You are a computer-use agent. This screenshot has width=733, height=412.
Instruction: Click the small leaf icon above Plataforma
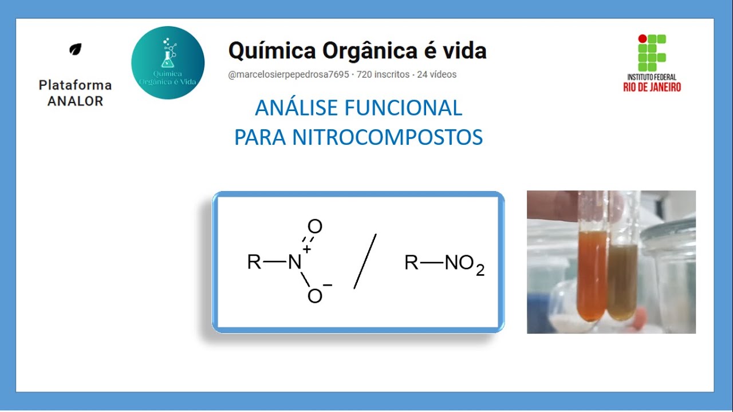tap(75, 49)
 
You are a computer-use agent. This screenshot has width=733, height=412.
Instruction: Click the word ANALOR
tap(75, 101)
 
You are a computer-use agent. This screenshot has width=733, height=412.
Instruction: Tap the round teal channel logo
tap(168, 63)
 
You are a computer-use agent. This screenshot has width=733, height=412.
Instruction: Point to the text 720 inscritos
tap(383, 74)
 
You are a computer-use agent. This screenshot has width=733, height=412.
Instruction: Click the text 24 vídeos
tap(436, 74)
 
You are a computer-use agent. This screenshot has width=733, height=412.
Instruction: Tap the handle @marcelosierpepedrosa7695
tap(289, 74)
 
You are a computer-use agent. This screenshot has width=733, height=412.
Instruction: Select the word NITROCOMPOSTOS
tap(387, 137)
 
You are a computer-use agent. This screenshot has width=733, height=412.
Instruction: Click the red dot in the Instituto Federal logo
tap(643, 39)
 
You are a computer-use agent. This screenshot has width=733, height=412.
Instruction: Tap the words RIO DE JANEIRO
tap(652, 87)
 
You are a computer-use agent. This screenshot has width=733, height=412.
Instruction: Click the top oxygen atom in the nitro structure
tap(315, 227)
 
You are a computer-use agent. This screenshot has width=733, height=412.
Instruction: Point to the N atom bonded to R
tap(294, 262)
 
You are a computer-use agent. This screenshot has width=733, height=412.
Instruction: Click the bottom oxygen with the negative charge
tap(315, 296)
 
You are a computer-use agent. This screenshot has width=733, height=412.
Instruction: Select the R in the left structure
tap(254, 262)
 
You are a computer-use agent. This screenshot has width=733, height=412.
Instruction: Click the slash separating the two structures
tap(365, 261)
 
